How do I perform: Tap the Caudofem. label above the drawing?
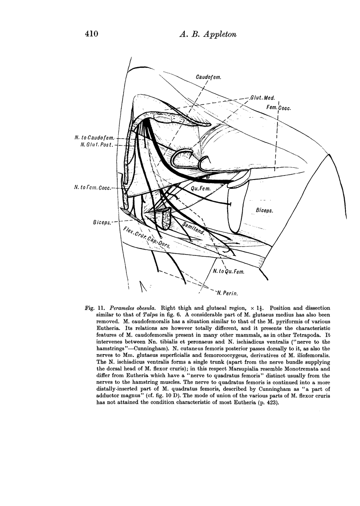click(208, 78)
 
